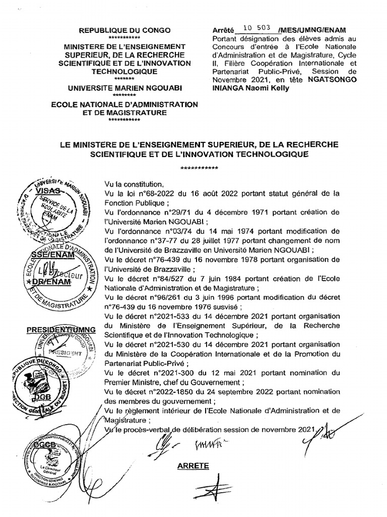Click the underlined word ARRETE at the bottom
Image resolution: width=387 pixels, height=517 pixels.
(x=192, y=465)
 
